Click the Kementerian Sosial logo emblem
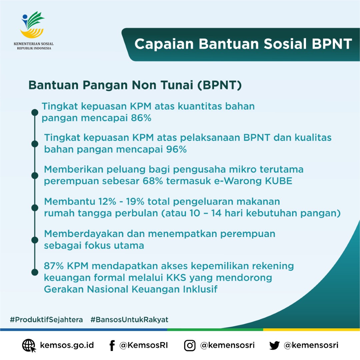click(x=33, y=25)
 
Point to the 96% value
click(x=176, y=149)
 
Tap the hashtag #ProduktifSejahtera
click(x=46, y=319)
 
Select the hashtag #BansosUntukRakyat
click(x=129, y=319)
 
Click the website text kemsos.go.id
click(x=67, y=345)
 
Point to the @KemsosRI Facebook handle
click(x=144, y=345)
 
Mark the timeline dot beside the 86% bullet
click(x=34, y=112)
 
